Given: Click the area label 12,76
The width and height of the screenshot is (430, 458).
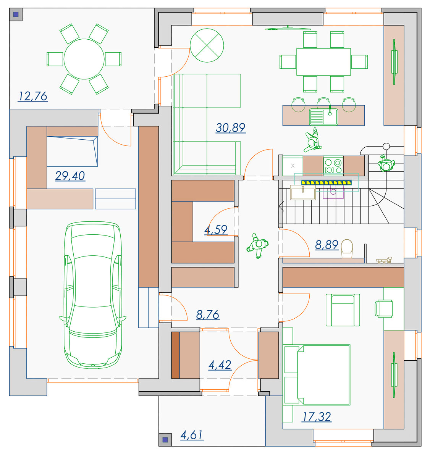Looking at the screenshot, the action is pyautogui.click(x=33, y=97).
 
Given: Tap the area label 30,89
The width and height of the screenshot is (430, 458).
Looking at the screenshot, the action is pyautogui.click(x=230, y=128).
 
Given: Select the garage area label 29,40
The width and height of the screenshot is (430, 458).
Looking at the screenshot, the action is pyautogui.click(x=70, y=176).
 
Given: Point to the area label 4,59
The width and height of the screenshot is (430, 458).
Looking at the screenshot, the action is pyautogui.click(x=216, y=230).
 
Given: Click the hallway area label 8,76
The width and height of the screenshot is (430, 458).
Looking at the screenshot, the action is pyautogui.click(x=208, y=315).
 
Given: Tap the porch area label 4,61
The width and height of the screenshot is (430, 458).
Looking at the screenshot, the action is pyautogui.click(x=192, y=435).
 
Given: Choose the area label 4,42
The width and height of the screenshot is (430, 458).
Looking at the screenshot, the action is pyautogui.click(x=220, y=365).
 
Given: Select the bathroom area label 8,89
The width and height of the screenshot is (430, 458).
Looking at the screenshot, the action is pyautogui.click(x=327, y=245).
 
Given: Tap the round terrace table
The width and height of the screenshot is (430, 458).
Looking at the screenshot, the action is pyautogui.click(x=84, y=59).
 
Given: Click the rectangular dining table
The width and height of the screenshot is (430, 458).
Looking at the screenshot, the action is pyautogui.click(x=323, y=62).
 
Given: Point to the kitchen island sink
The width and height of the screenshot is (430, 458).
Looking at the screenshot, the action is pyautogui.click(x=323, y=117).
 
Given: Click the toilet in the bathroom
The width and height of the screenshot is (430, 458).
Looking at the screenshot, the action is pyautogui.click(x=347, y=249).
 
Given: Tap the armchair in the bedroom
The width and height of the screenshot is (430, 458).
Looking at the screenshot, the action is pyautogui.click(x=343, y=310).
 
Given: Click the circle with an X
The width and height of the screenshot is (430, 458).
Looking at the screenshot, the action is pyautogui.click(x=207, y=45).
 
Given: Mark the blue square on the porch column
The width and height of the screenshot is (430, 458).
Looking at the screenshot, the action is pyautogui.click(x=165, y=440).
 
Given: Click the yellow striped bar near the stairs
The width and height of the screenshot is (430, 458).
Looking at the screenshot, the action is pyautogui.click(x=326, y=182).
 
